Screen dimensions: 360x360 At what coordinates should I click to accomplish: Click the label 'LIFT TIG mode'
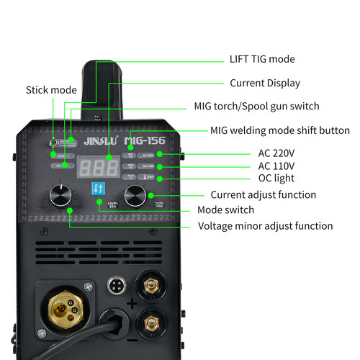262,59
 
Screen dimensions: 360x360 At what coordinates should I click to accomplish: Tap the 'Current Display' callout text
265,83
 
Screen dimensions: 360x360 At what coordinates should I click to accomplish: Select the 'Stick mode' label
51,90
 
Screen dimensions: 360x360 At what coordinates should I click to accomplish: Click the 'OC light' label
277,178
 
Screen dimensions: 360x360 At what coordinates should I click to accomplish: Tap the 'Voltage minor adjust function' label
266,226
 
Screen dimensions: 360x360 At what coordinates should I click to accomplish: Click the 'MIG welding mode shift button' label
280,130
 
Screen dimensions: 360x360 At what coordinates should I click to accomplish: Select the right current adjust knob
135,194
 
